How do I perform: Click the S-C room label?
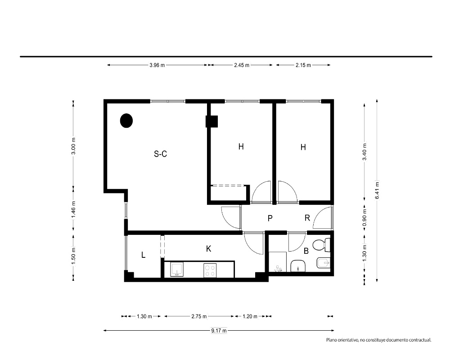[x=161, y=154]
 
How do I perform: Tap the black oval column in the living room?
[x=126, y=121]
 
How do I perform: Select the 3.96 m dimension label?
[x=157, y=65]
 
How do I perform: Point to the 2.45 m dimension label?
[x=242, y=65]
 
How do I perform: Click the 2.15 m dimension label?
[x=303, y=65]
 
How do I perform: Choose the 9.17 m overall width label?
[x=219, y=331]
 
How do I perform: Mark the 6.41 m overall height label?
[x=377, y=190]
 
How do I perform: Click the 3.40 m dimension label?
[x=364, y=152]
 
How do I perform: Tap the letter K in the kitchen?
[x=209, y=248]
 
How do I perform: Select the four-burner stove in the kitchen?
[x=210, y=270]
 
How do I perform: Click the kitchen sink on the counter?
[x=177, y=270]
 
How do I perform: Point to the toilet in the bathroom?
[x=321, y=245]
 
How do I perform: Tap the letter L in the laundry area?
[x=143, y=255]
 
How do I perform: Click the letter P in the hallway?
[x=270, y=218]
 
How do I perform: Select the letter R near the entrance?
[x=307, y=218]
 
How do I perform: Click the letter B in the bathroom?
[x=306, y=251]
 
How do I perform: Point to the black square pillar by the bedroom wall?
[x=212, y=121]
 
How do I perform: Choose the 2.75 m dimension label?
[x=199, y=316]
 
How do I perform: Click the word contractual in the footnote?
[x=420, y=340]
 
